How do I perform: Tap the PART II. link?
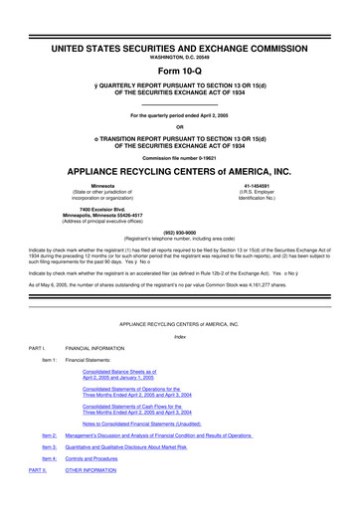coord(38,470)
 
